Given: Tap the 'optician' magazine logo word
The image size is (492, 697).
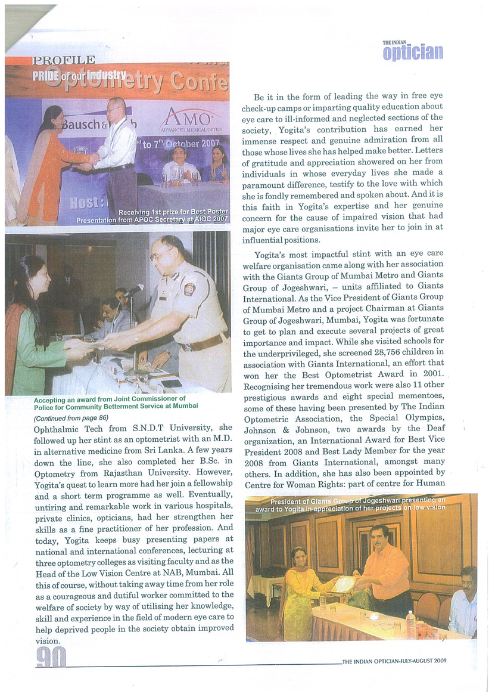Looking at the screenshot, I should click(x=413, y=52).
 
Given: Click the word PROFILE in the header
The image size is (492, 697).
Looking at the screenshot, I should click(x=64, y=60).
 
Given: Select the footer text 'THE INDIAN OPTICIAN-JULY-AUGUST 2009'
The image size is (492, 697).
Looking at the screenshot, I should click(x=394, y=660).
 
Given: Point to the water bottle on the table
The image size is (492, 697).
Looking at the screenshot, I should click(x=410, y=624).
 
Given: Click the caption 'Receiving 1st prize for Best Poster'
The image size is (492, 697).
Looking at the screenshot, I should click(x=173, y=212).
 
